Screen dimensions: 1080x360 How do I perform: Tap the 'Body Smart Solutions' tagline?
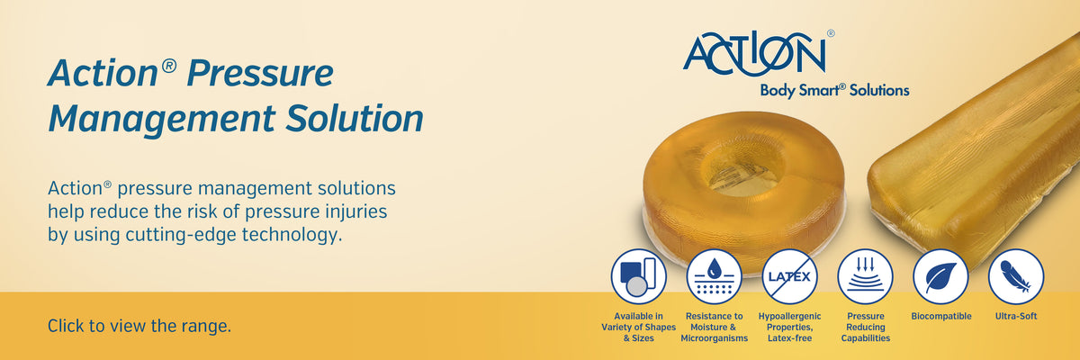click(x=834, y=90)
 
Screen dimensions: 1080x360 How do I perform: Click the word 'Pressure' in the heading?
click(x=260, y=73)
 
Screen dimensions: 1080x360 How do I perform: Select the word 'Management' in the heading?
click(x=162, y=119)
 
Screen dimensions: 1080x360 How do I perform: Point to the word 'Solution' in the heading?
click(x=355, y=118)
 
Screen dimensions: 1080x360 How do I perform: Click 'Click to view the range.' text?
click(x=139, y=326)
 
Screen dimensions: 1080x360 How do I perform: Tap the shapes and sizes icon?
click(x=638, y=276)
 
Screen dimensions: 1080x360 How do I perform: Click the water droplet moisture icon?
click(x=714, y=276)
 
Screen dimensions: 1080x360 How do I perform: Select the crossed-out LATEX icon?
click(x=790, y=276)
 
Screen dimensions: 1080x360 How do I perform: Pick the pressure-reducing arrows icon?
click(x=866, y=276)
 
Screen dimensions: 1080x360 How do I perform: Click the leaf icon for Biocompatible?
click(x=940, y=276)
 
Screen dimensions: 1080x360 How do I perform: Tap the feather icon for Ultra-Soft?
click(x=1016, y=276)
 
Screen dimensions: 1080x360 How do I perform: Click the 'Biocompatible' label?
click(x=941, y=316)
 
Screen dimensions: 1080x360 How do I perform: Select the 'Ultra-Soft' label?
click(x=1016, y=316)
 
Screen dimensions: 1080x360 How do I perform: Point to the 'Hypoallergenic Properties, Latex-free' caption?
click(x=790, y=328)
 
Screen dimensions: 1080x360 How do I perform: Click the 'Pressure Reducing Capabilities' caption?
click(x=866, y=328)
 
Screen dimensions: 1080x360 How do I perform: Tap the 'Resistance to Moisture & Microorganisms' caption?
click(x=714, y=328)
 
